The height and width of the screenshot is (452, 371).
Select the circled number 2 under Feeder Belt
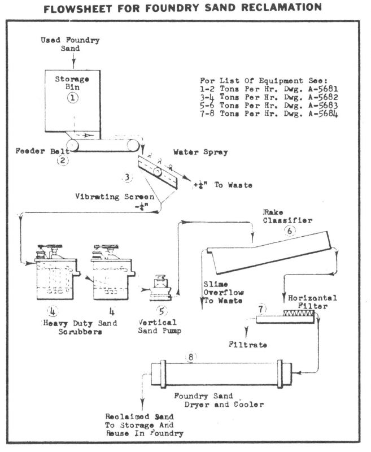[63, 160]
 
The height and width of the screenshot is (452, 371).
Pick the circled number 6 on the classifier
[291, 231]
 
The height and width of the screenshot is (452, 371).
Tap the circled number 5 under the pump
[162, 310]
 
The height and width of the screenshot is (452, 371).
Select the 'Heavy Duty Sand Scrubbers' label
[78, 328]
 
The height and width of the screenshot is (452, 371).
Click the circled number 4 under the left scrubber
[53, 310]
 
